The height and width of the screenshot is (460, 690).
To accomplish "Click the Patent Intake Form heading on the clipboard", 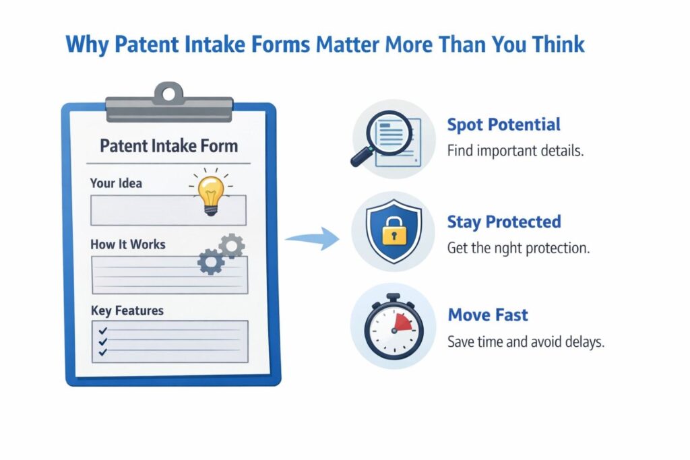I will coord(168,146).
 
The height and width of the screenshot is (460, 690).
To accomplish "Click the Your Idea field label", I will coord(116,183).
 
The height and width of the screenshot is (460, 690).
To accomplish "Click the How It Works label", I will coord(127,244).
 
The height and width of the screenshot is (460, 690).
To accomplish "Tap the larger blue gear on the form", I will coord(210,261).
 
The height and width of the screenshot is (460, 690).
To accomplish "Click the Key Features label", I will coord(127,310).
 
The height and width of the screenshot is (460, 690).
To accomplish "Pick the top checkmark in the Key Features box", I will coord(103,331).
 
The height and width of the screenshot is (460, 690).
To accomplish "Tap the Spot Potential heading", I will coord(503,125).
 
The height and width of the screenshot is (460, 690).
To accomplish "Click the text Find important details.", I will coord(515,150).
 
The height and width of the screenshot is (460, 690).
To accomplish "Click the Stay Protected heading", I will coord(504,222).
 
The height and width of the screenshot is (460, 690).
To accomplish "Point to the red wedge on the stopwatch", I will coord(402,323).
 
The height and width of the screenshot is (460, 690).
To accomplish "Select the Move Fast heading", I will coord(488,315).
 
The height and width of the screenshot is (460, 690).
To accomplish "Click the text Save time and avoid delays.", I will coord(526,341).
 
